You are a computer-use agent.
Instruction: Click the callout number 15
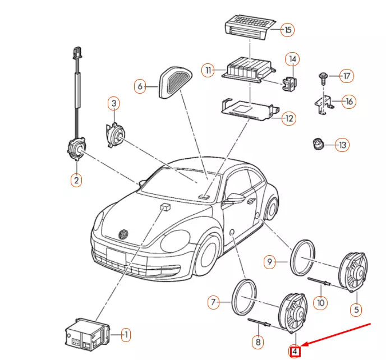tap(288, 30)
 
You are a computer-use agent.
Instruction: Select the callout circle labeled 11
tap(209, 71)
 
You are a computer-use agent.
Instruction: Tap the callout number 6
tap(140, 86)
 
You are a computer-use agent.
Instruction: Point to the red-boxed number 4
tap(295, 352)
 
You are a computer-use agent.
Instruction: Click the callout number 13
tap(342, 145)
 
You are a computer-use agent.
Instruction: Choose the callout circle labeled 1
tap(126, 335)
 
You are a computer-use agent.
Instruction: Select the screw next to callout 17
tap(324, 76)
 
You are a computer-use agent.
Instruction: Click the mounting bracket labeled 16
tap(323, 104)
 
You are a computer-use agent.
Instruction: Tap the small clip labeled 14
tap(289, 82)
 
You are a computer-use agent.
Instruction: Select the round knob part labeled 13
tap(319, 145)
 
